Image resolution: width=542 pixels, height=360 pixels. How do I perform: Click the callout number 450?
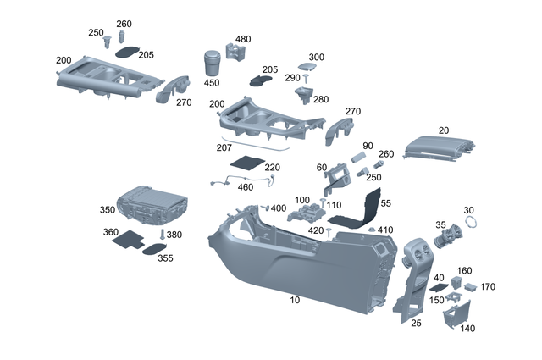[x=212, y=83]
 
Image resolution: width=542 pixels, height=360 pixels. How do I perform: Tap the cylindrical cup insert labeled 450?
[x=213, y=63]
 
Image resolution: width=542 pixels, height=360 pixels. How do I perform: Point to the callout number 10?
[x=296, y=301]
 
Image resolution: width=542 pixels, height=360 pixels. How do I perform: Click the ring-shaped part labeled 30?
[x=469, y=224]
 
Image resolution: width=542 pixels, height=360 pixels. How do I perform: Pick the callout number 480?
[x=243, y=39]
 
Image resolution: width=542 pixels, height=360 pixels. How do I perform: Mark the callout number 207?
[x=224, y=147]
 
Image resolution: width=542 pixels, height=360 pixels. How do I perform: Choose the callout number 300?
[x=316, y=57]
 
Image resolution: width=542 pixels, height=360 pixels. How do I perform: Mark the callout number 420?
[x=316, y=230]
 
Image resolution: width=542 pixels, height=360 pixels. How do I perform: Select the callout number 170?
[x=488, y=286]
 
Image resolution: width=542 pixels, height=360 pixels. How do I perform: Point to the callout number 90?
[x=368, y=146]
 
